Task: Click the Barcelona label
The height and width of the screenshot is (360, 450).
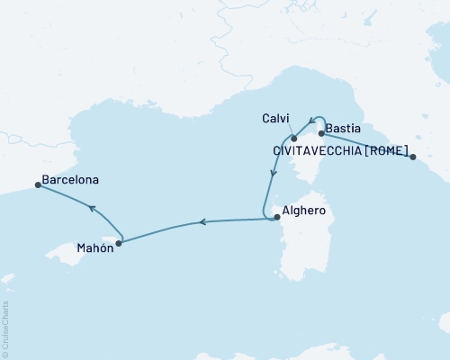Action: pos(71,179)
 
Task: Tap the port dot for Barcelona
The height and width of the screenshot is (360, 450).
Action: pos(38,185)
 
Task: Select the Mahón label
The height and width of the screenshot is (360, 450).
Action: pos(94,248)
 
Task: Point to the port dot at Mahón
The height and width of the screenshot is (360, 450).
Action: pos(119,242)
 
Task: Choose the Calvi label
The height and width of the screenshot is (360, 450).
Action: pos(274,118)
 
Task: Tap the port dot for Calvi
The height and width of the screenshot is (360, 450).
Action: pos(293,138)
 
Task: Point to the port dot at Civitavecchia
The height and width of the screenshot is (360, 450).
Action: pos(413,157)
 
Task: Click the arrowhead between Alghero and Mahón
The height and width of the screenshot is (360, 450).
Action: pos(202,221)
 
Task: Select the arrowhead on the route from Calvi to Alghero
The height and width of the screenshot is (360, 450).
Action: pos(270,175)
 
